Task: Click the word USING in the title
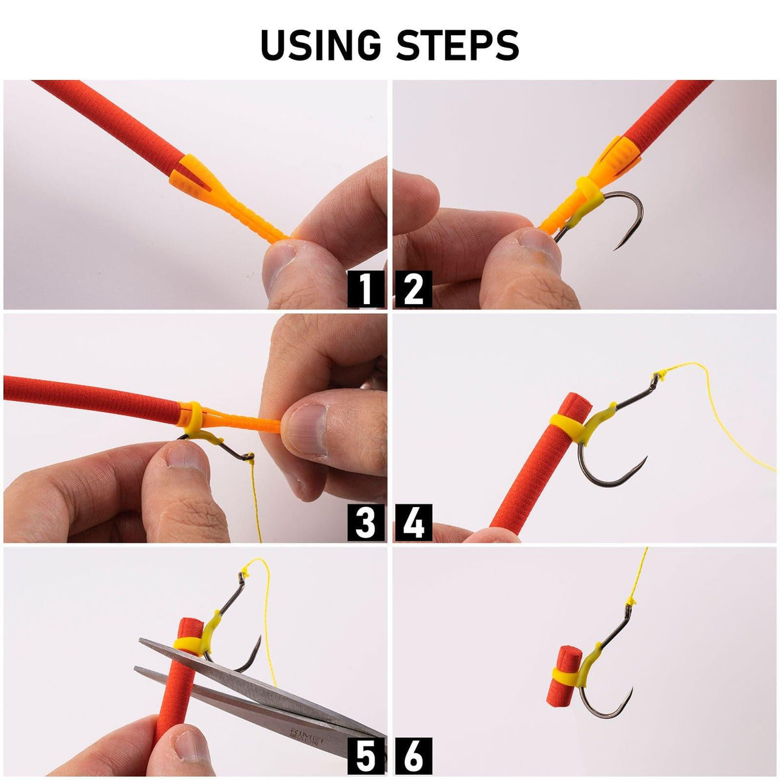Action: (317, 44)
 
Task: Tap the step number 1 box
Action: (366, 289)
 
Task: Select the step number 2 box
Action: (413, 289)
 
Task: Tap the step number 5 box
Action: (366, 757)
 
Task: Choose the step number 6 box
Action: (413, 757)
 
